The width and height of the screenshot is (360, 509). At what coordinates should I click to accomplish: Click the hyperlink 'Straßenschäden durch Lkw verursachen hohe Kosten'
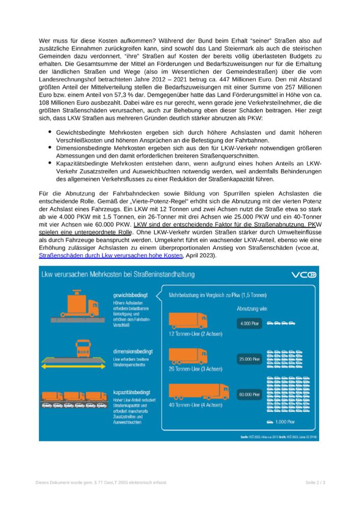tap(108, 256)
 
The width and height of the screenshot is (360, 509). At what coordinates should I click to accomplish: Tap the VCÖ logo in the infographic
tap(306, 275)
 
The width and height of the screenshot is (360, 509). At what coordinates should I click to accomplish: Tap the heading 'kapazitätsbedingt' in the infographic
tap(131, 392)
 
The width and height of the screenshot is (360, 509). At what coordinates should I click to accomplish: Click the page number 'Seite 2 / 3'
tap(315, 482)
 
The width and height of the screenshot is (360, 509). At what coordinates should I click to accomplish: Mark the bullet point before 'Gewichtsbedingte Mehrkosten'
tap(50, 132)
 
